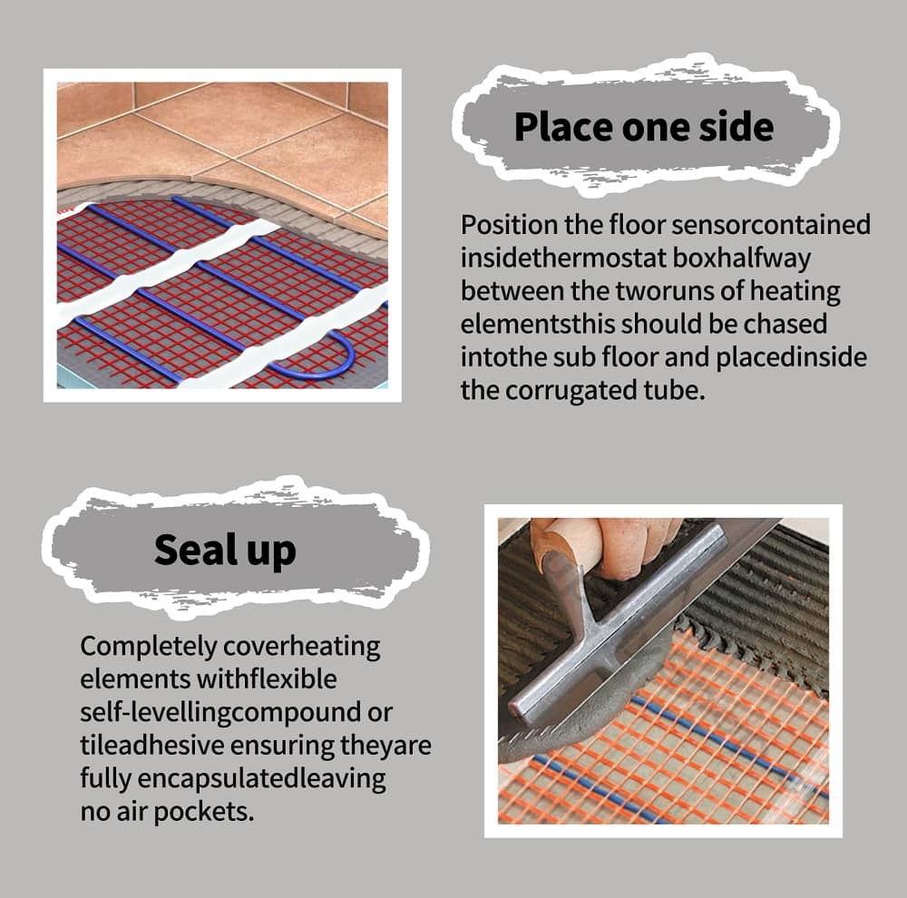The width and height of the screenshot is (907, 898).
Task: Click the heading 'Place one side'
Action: pyautogui.click(x=644, y=126)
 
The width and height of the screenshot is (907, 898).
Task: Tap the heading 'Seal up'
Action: pyautogui.click(x=224, y=550)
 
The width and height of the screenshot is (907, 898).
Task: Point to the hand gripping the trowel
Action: pyautogui.click(x=626, y=544)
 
